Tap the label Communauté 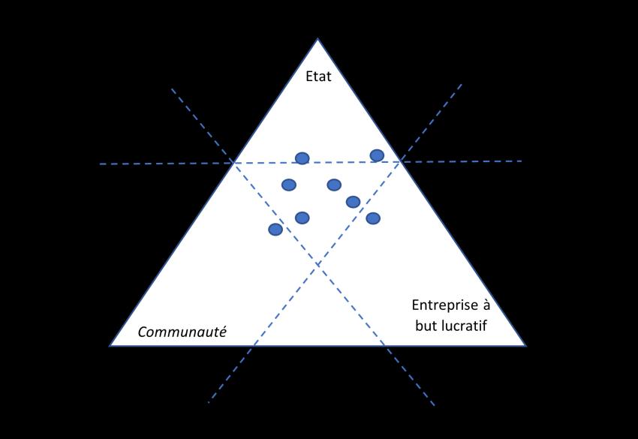point(182,332)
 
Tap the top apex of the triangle point(317,39)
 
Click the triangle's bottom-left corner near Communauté point(110,346)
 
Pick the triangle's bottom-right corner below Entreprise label point(525,346)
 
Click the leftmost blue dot point(275,229)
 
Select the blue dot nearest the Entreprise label point(373,218)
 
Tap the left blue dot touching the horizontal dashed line point(302,158)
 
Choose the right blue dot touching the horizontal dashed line point(377,155)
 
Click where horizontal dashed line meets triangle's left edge point(233,162)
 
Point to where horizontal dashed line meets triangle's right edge point(401,161)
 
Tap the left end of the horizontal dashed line point(100,164)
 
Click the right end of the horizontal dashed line point(522,161)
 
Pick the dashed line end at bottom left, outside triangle point(208,403)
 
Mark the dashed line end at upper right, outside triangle point(462,85)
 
